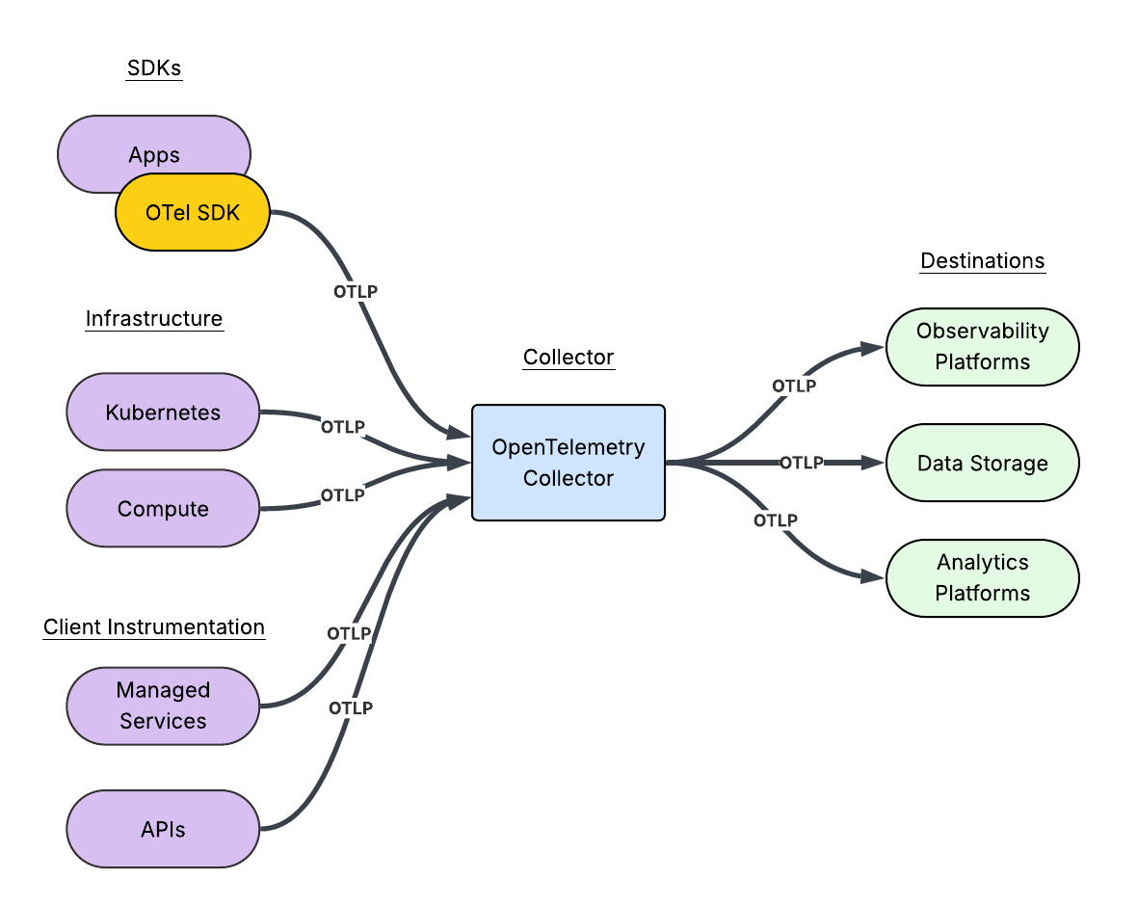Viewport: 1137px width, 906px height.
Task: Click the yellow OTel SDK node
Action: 193,213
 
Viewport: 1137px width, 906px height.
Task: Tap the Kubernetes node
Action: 163,413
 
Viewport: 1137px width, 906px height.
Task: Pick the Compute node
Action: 163,509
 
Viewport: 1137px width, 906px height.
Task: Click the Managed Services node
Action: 163,706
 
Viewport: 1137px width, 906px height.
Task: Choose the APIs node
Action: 163,829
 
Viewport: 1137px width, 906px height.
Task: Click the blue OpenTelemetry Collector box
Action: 568,463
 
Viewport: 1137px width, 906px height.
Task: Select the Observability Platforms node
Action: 982,347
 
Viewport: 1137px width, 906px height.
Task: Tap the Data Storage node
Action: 982,463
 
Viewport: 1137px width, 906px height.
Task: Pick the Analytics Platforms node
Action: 982,578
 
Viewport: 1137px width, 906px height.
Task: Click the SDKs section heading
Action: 154,68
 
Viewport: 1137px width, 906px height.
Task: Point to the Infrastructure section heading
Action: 154,319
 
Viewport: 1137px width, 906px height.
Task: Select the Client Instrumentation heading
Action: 154,627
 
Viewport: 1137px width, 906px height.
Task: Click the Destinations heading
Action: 982,261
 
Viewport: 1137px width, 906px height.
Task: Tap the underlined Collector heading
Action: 568,358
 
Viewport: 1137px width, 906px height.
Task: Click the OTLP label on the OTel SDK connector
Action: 356,291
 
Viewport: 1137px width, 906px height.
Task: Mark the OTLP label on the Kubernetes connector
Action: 343,426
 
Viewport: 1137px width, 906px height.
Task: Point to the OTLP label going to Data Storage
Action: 801,463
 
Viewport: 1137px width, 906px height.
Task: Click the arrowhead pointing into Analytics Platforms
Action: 873,578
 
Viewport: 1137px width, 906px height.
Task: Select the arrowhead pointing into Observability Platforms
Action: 873,348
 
